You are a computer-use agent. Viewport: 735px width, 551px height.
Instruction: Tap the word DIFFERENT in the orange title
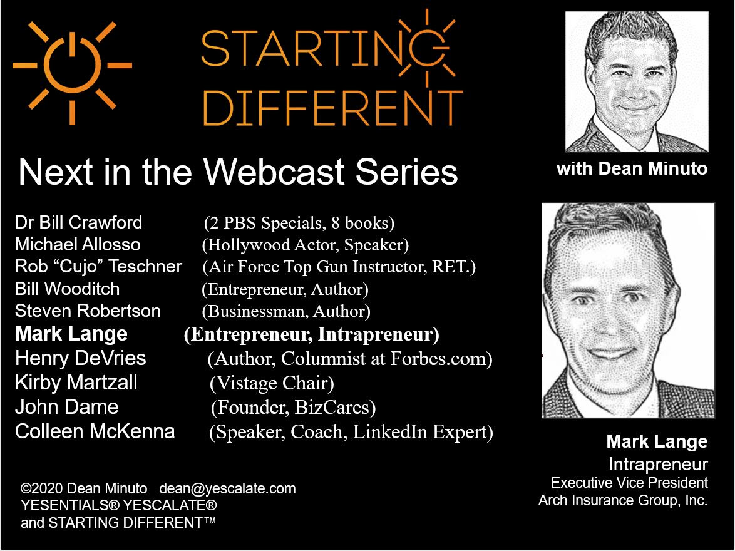coord(332,108)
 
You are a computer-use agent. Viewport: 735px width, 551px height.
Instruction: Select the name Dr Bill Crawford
coord(78,222)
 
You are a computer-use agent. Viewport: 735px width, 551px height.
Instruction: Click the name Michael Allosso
coord(78,244)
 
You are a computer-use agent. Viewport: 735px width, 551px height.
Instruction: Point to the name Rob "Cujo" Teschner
coord(98,266)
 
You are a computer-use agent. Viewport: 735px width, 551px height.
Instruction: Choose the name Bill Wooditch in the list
coord(67,289)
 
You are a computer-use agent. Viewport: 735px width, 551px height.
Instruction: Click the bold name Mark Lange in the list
coord(71,334)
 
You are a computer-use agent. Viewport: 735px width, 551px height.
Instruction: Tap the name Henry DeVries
coord(81,358)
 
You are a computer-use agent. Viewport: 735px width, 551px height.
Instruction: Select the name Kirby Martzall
coord(76,383)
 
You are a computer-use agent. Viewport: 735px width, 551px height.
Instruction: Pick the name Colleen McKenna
coord(95,431)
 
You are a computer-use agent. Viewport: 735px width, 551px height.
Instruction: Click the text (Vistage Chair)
coord(272,383)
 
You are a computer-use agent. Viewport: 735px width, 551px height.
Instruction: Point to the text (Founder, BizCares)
coord(294,408)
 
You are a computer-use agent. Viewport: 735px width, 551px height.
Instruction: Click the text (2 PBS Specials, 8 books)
coord(299,223)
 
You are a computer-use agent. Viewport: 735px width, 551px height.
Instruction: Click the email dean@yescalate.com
coord(227,488)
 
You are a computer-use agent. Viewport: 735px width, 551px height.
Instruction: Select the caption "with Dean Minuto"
coord(632,169)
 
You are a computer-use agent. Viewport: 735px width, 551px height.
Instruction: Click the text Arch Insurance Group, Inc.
coord(623,500)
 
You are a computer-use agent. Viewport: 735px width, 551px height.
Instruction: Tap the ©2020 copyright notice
coord(84,488)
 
